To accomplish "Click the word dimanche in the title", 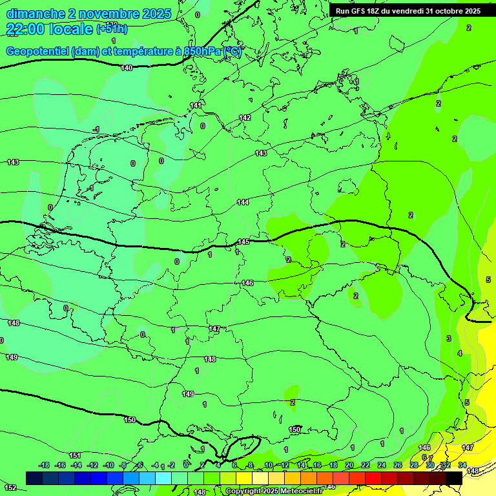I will (35, 14).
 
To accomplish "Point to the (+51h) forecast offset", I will (111, 29).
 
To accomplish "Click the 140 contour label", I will (127, 68).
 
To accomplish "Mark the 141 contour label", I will (196, 105).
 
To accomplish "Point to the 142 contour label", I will (245, 118).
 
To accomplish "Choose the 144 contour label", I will (243, 202).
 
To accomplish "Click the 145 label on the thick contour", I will (243, 242).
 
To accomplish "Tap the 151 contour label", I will (75, 455).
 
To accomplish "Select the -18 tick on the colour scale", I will (45, 465).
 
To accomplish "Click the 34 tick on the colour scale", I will (462, 465).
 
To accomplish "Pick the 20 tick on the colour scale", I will (349, 465).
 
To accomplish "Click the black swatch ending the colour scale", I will (454, 478).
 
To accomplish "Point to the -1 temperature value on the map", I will (96, 130).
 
